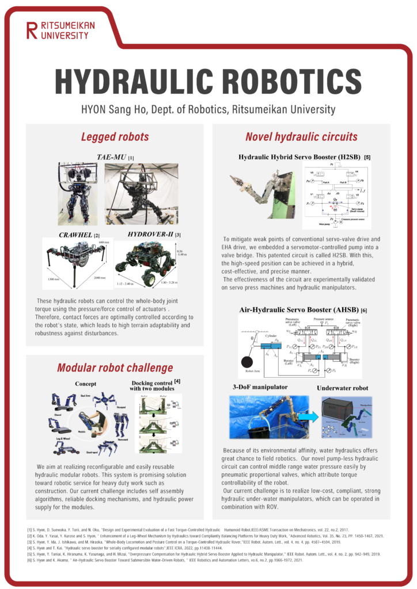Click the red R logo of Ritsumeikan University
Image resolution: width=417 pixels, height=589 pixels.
pyautogui.click(x=31, y=30)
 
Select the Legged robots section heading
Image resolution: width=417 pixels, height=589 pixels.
pyautogui.click(x=115, y=137)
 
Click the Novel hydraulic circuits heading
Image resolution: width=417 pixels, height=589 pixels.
pyautogui.click(x=301, y=137)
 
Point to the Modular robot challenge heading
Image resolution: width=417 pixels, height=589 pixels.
pyautogui.click(x=115, y=368)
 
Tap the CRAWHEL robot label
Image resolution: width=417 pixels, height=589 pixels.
pyautogui.click(x=75, y=235)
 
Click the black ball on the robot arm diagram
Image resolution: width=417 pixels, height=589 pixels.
pyautogui.click(x=248, y=364)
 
